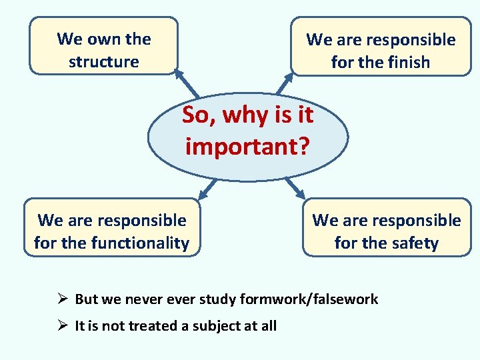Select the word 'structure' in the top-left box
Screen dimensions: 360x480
[x=103, y=62]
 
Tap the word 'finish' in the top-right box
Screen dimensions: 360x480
[x=407, y=63]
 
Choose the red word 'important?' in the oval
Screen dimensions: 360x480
[x=247, y=146]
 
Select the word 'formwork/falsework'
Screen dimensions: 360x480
[x=321, y=299]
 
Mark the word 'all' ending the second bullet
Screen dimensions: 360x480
[x=268, y=326]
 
